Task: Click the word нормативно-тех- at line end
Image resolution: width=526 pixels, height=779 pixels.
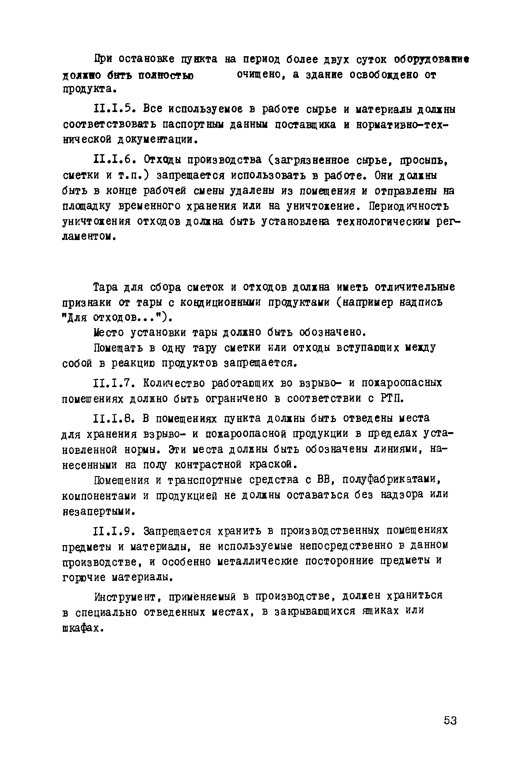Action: pos(402,125)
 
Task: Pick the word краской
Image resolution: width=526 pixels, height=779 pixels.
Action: pos(273,464)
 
